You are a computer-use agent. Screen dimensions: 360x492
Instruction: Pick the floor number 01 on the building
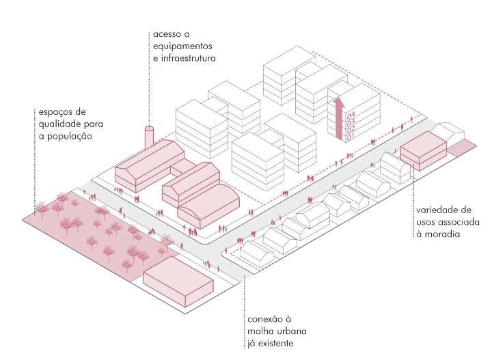click(351, 137)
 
